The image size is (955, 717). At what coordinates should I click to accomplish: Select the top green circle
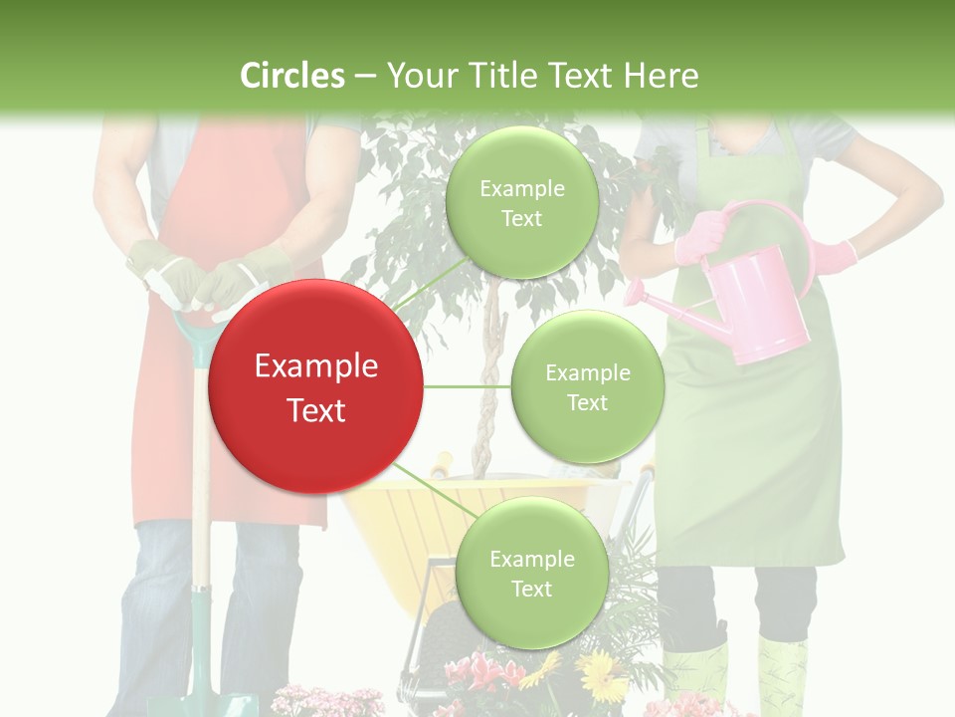521,203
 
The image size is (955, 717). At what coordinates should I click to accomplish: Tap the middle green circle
587,386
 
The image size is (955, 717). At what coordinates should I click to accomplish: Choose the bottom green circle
530,573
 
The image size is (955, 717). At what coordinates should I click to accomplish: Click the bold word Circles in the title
291,76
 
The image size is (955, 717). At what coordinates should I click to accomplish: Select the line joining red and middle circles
468,386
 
